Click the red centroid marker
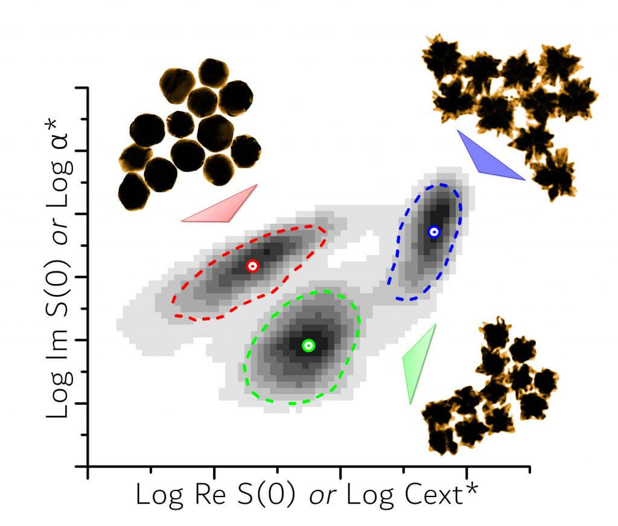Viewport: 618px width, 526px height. (253, 265)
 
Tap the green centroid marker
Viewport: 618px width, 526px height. (308, 345)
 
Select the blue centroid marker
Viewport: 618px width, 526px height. (433, 231)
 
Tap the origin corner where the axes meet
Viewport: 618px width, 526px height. (88, 466)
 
